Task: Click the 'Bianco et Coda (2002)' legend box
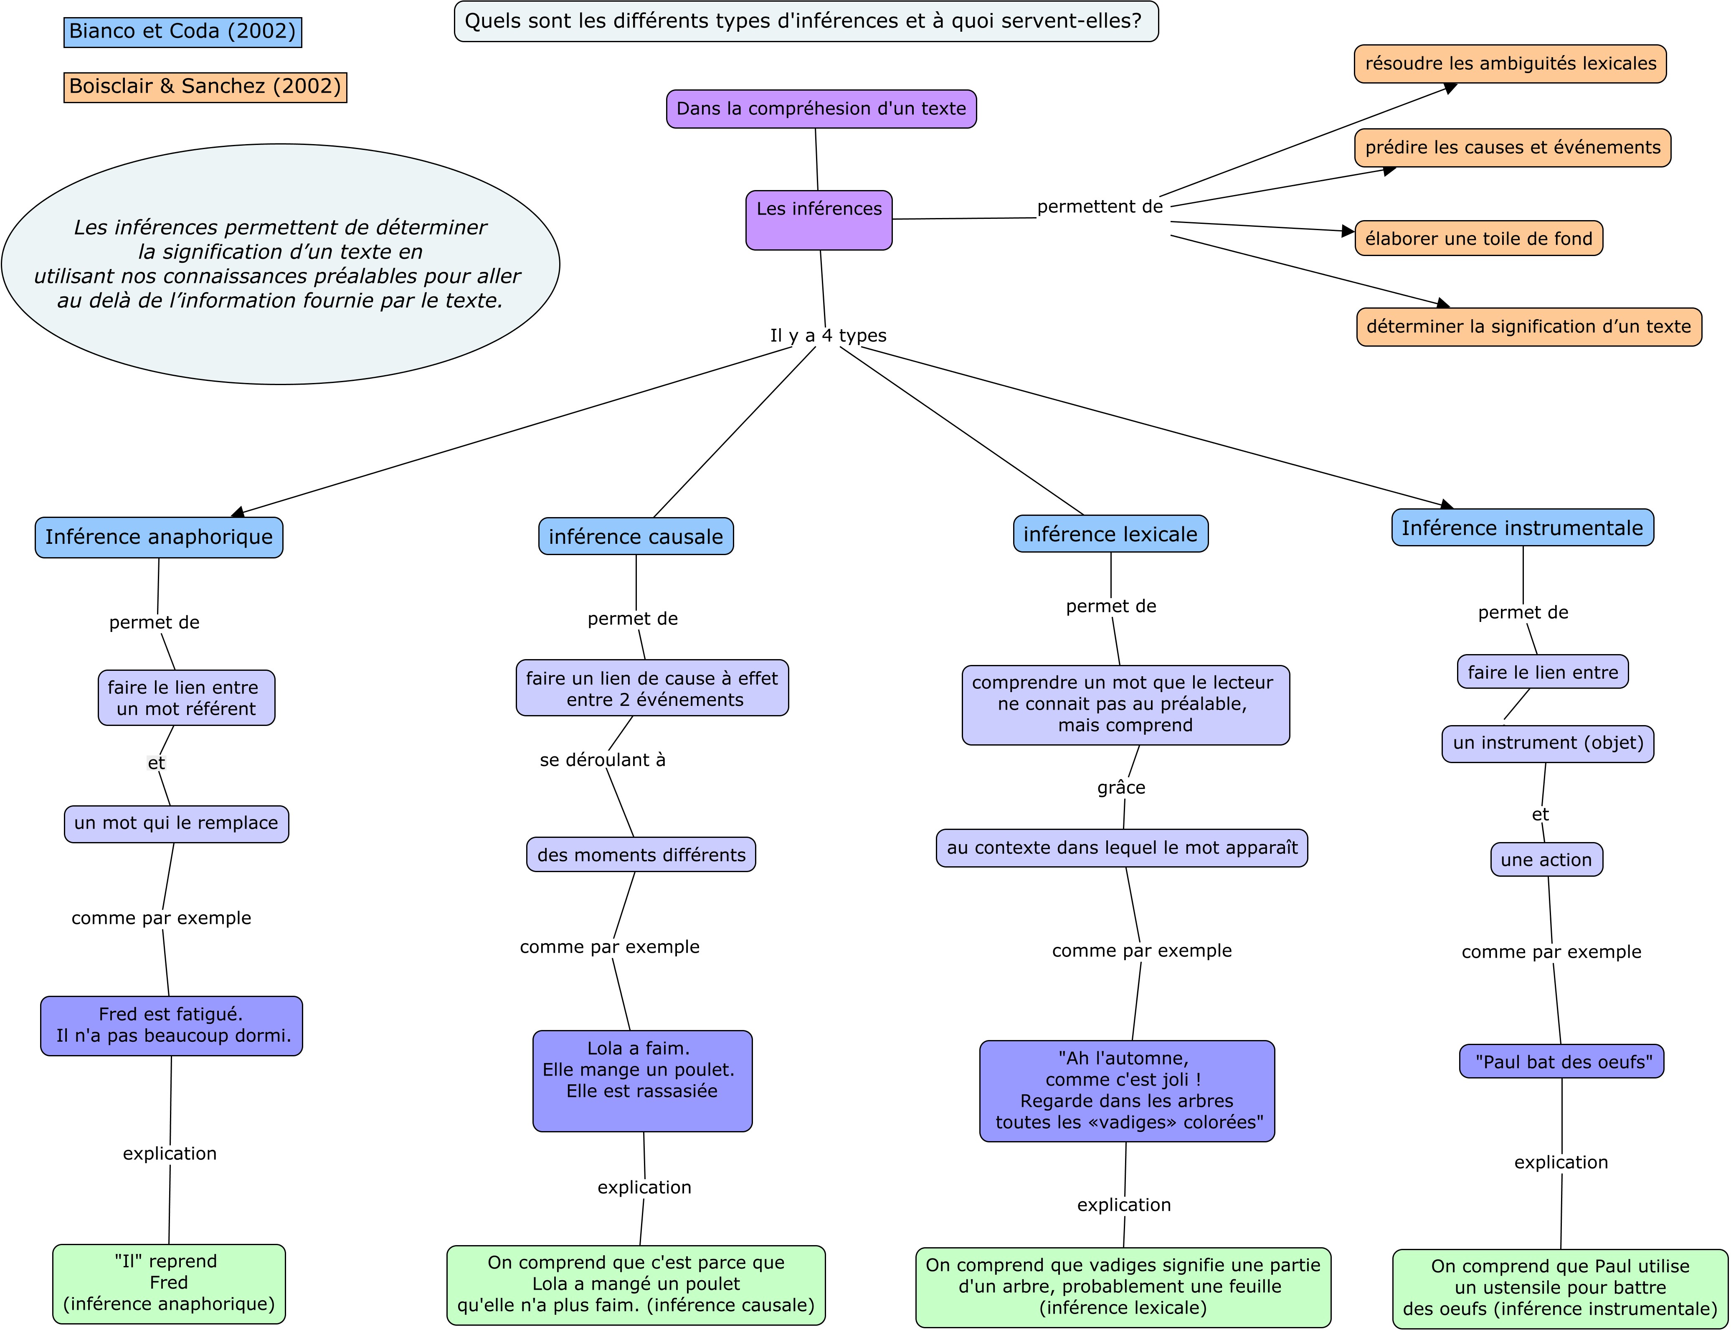coord(182,32)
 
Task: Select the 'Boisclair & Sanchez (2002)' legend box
coord(205,86)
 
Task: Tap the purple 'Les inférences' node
coord(819,220)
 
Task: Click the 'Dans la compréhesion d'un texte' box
coord(821,109)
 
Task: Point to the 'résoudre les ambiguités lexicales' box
coord(1510,63)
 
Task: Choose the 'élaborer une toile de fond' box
coord(1478,238)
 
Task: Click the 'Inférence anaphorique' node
coord(159,537)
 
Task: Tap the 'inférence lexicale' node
coord(1110,533)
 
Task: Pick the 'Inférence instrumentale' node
coord(1523,527)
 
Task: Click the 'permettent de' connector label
coord(1100,207)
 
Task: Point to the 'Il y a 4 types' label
coord(828,335)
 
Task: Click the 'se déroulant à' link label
coord(602,759)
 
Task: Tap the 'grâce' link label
coord(1121,787)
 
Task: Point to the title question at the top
coord(806,21)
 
